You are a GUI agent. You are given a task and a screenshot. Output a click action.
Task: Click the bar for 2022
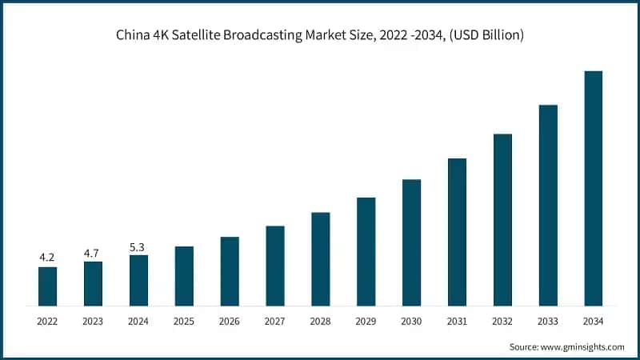click(x=47, y=286)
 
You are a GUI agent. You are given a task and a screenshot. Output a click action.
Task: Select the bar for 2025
click(x=184, y=275)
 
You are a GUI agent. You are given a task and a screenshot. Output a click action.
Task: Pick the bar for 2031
click(x=457, y=231)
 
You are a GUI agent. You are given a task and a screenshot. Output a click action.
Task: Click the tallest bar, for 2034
click(x=593, y=188)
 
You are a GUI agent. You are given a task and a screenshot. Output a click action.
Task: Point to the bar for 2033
click(x=548, y=205)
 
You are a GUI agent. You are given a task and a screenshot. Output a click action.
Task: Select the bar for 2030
click(x=411, y=242)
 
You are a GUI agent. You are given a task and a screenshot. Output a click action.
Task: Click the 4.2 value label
click(x=47, y=258)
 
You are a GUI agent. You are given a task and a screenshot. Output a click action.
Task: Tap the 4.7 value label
click(x=93, y=252)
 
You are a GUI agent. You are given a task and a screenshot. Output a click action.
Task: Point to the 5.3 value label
click(x=138, y=246)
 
